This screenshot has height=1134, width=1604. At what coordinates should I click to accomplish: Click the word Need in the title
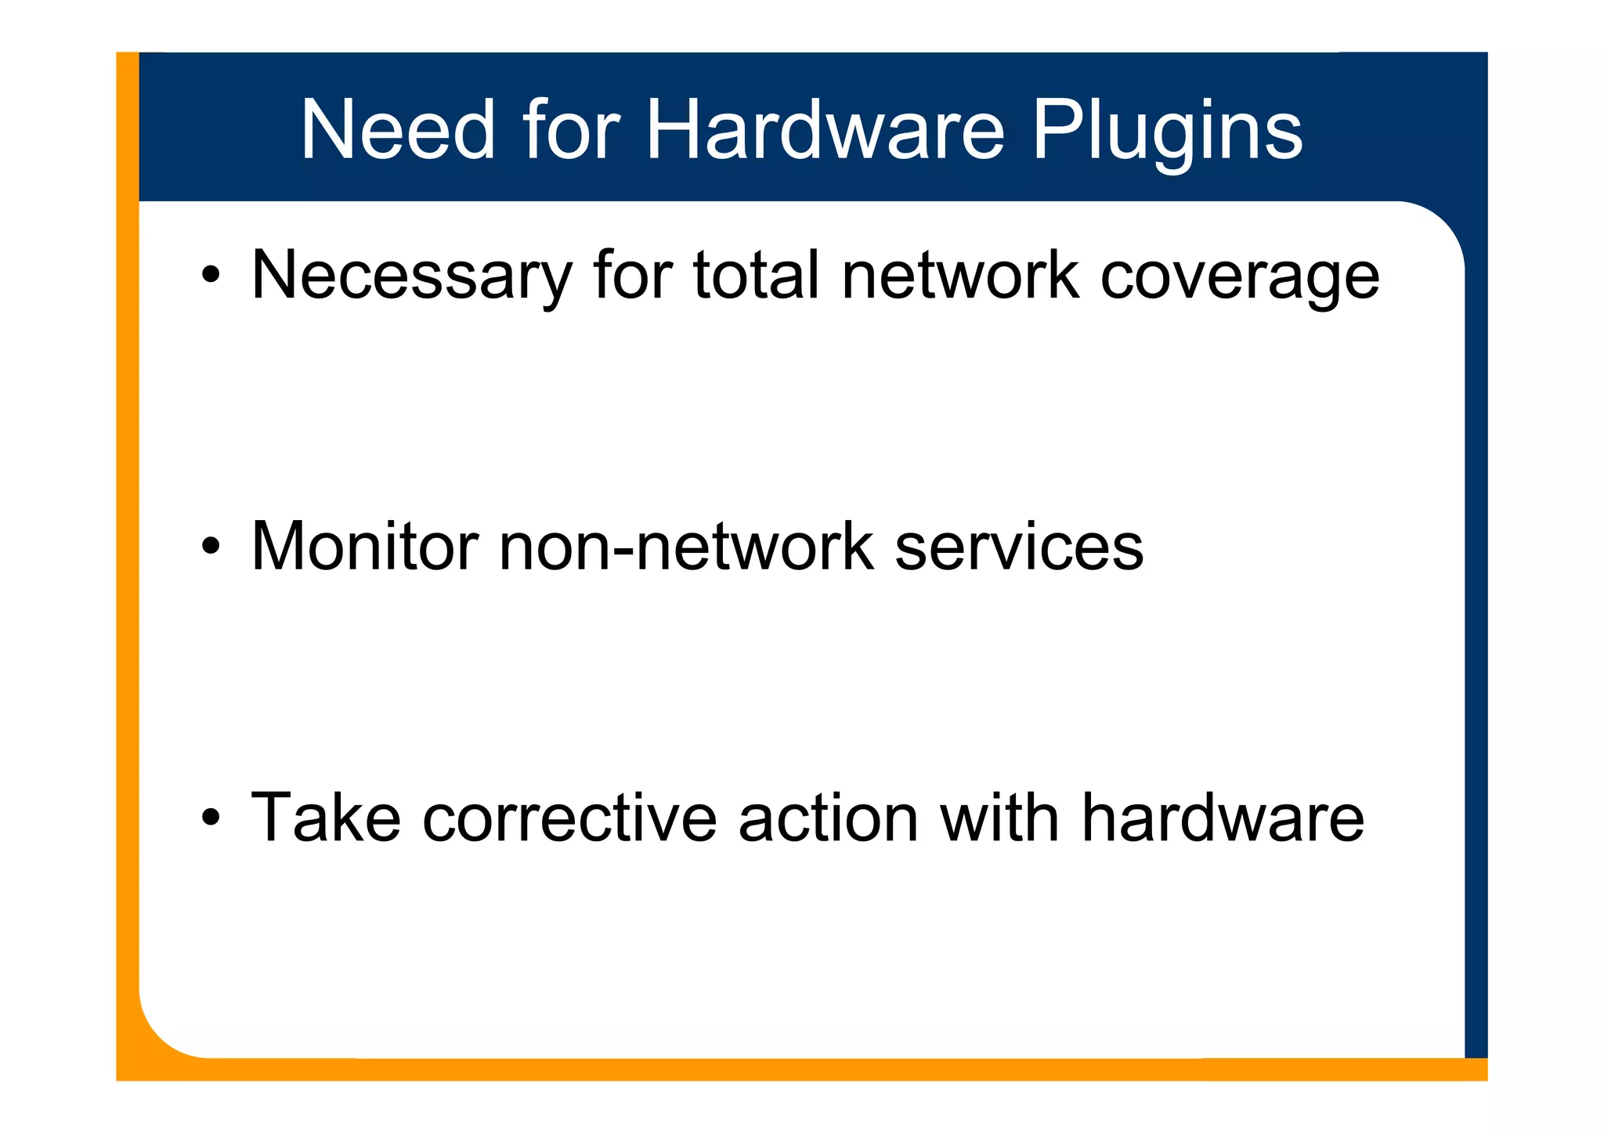tap(398, 130)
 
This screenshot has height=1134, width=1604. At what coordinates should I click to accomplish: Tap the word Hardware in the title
tap(825, 130)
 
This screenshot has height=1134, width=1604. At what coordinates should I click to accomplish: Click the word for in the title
tap(571, 130)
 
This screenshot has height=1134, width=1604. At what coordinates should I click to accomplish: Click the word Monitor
tap(364, 546)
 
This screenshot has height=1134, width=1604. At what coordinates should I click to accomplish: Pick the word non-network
tap(685, 546)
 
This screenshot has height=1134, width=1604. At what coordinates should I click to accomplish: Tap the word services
tap(1019, 546)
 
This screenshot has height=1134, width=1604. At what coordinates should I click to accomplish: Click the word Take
tap(326, 818)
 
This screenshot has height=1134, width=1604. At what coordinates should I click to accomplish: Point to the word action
tap(828, 818)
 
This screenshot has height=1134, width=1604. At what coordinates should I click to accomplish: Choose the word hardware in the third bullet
tap(1223, 818)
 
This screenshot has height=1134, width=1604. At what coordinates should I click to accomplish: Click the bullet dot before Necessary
tap(210, 275)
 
